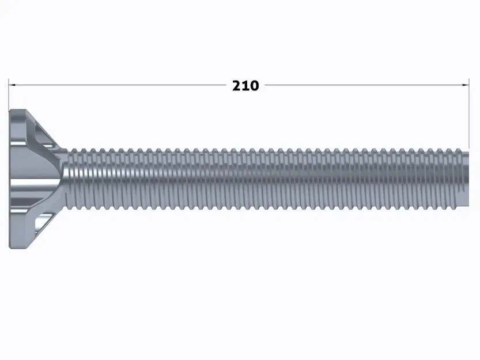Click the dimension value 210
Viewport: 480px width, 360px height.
(x=245, y=86)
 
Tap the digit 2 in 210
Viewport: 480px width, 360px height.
(x=237, y=86)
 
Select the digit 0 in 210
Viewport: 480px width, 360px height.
(x=254, y=86)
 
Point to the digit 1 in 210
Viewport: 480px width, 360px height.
(x=245, y=86)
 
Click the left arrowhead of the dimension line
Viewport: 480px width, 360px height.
(x=12, y=85)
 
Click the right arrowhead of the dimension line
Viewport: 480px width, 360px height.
(x=466, y=85)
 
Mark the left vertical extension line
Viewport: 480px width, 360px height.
(x=9, y=95)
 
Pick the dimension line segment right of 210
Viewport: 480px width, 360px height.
(x=363, y=85)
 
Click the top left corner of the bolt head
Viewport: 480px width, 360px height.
(x=11, y=111)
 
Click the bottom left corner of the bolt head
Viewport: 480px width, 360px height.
(x=11, y=248)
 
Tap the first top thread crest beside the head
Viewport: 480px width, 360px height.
(x=74, y=151)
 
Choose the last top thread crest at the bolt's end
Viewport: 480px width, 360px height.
(x=464, y=151)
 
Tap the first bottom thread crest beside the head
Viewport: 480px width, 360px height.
(x=73, y=206)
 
